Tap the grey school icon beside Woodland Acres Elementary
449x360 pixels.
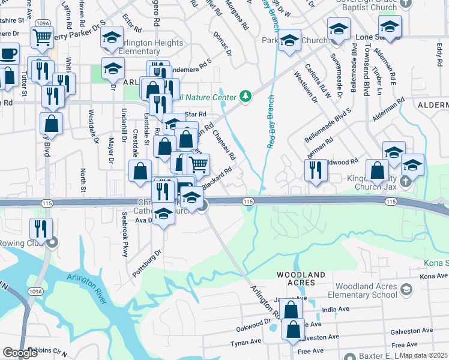point(407,291)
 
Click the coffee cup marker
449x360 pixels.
point(8,53)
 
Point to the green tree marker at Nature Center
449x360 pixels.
point(245,96)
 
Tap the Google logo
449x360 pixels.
point(20,353)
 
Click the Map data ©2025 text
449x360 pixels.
point(424,355)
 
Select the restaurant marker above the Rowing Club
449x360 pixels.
point(41,228)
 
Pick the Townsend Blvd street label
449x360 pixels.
point(365,78)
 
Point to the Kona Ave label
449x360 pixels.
point(435,276)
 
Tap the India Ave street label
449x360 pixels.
point(336,310)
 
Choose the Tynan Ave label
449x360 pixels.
point(246,341)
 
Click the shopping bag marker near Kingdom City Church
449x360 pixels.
point(377,170)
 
